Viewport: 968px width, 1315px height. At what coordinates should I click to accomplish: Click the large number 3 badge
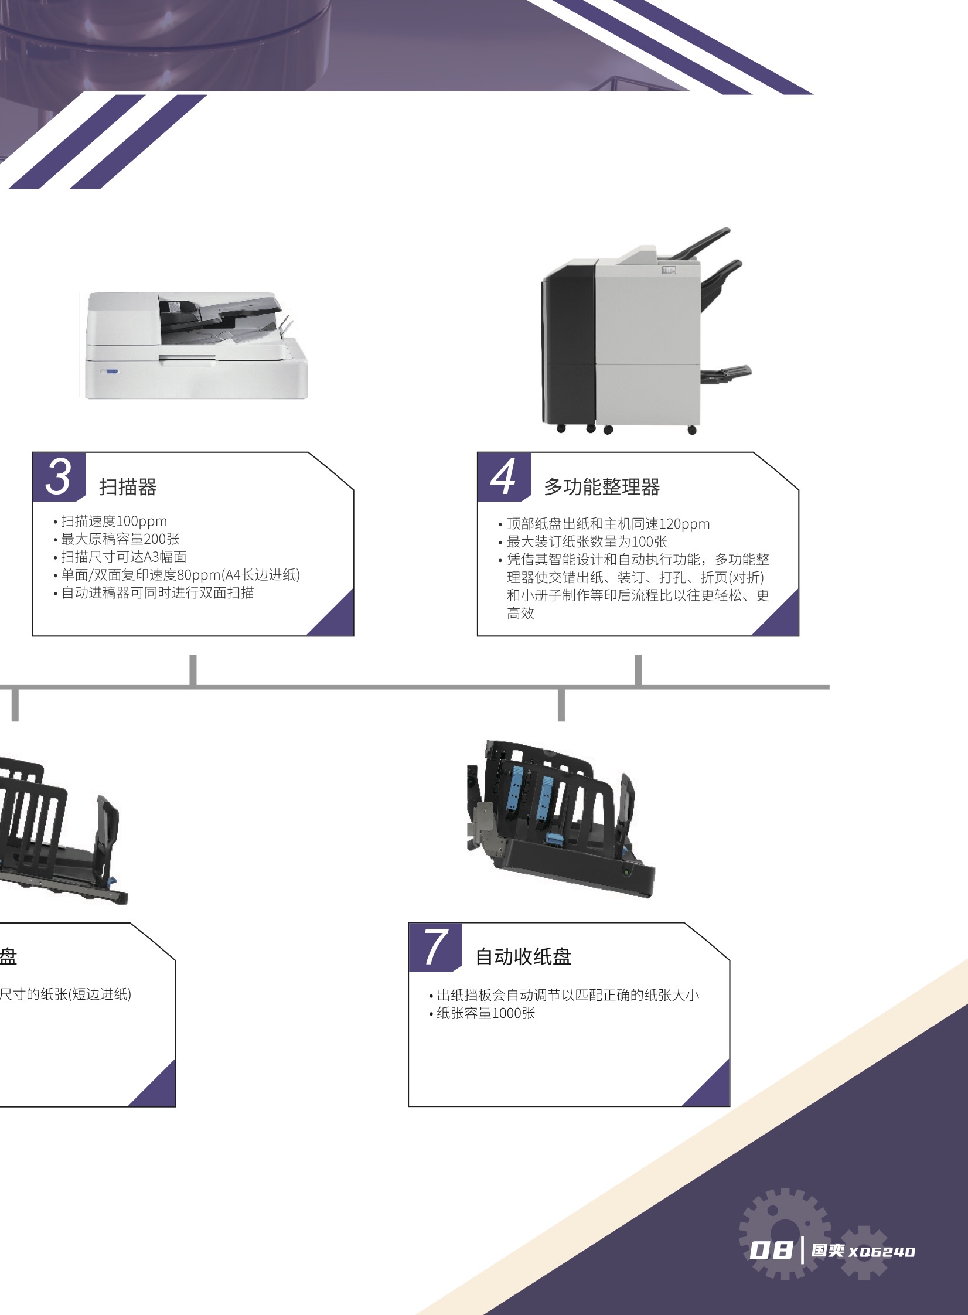click(59, 477)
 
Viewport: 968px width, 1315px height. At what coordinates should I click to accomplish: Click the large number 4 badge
click(504, 477)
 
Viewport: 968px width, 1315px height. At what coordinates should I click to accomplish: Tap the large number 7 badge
click(435, 947)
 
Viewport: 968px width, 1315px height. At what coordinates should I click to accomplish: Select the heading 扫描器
click(128, 486)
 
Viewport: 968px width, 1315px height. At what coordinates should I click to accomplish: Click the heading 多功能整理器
click(602, 486)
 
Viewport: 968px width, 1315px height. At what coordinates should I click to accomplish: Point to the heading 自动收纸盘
click(523, 956)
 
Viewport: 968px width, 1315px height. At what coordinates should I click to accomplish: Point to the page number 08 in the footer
click(771, 1251)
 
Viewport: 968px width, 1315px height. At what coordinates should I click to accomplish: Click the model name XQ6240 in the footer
click(882, 1252)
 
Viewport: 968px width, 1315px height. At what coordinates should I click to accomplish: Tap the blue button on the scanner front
click(111, 372)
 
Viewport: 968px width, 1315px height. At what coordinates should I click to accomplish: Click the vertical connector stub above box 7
click(561, 704)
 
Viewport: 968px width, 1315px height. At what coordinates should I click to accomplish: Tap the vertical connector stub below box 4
click(638, 670)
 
